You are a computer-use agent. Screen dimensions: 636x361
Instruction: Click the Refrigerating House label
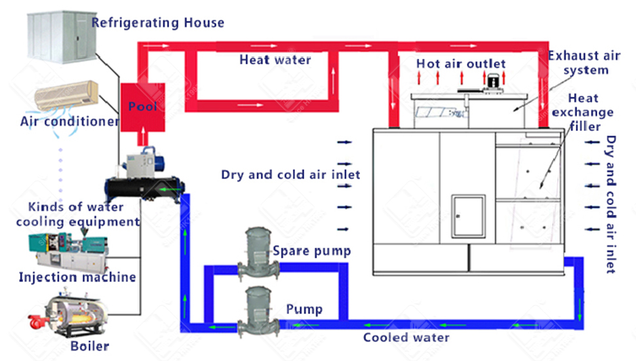[157, 22]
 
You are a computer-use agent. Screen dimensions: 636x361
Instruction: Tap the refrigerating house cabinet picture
[62, 37]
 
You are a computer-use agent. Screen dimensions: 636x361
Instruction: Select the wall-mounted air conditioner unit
[66, 96]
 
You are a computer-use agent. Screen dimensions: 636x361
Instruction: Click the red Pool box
[143, 107]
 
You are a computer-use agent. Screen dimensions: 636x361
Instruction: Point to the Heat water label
[275, 60]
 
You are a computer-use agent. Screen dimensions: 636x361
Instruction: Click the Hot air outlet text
[461, 64]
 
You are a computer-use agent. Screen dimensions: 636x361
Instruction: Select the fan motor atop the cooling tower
[492, 83]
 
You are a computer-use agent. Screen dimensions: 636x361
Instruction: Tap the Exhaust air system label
[584, 63]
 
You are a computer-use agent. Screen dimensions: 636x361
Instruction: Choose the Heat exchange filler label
[583, 112]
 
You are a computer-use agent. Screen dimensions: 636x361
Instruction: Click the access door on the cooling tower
[469, 216]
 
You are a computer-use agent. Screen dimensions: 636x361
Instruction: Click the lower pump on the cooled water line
[258, 312]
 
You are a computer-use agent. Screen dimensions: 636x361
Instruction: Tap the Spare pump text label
[311, 251]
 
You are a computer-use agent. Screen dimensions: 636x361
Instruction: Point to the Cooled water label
[406, 337]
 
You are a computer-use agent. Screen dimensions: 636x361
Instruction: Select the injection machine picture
[68, 252]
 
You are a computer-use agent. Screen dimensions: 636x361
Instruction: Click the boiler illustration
[69, 313]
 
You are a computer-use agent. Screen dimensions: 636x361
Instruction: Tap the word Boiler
[90, 347]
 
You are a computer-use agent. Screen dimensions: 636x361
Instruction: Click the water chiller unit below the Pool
[145, 176]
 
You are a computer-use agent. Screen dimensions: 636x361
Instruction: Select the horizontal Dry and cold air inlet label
[290, 175]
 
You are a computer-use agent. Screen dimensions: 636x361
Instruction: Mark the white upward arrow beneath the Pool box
[143, 136]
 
